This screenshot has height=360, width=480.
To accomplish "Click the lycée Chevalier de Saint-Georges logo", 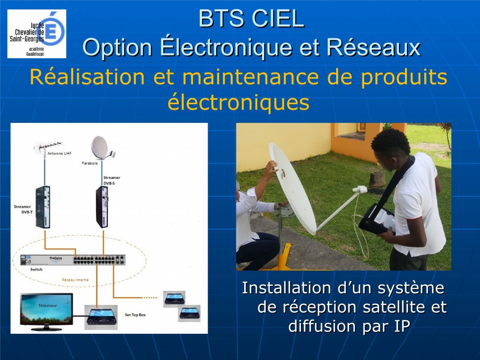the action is (x=37, y=34).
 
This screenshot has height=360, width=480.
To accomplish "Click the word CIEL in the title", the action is (x=278, y=19).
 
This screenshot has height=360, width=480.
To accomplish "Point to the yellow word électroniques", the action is (x=239, y=102).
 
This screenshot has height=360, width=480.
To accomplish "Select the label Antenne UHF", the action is (x=60, y=153).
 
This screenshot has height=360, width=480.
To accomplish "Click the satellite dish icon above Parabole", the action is (x=102, y=148).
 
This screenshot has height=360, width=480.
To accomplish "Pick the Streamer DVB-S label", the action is (x=112, y=180).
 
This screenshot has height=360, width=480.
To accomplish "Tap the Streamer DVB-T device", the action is (x=43, y=207).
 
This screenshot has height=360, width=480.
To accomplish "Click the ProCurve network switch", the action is (x=73, y=260).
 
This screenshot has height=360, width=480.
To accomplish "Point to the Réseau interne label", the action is (x=75, y=280).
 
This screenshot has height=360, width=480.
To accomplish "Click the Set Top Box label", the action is (x=135, y=315).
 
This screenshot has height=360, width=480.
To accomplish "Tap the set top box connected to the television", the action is (x=101, y=317).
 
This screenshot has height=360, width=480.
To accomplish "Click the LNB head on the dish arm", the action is (x=360, y=190).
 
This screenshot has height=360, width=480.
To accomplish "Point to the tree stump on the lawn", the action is (x=377, y=180).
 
